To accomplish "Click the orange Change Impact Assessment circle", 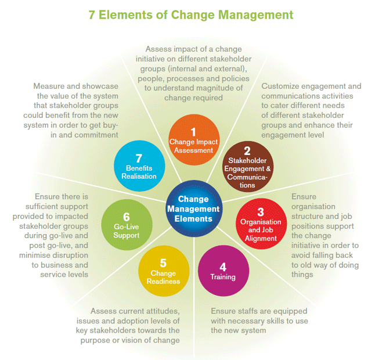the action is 194,140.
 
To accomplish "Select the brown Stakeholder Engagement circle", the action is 248,167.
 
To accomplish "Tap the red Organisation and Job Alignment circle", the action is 261,224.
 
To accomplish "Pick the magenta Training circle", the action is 223,271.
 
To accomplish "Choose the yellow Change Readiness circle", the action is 164,271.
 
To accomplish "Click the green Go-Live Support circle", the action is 127,225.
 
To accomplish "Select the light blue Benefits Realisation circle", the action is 139,166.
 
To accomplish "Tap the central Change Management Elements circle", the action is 194,208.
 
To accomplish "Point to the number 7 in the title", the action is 92,15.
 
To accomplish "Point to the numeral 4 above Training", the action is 223,267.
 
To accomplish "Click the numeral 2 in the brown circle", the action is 247,151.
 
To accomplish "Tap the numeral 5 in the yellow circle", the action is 163,263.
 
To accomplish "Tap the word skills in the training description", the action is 277,321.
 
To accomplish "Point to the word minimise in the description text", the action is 34,255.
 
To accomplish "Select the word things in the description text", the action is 302,275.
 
